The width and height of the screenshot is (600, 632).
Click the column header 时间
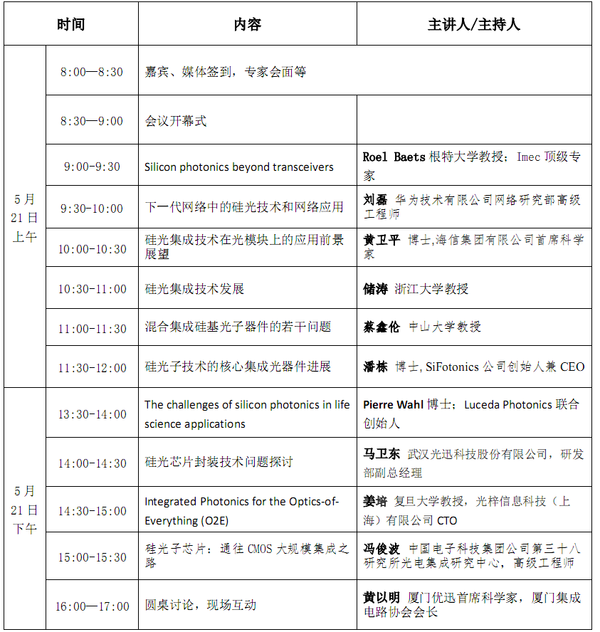tap(70, 24)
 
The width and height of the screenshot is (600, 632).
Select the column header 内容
tap(247, 24)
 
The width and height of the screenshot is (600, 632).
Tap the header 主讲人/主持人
tap(473, 24)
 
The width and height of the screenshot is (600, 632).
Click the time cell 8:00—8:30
tap(91, 72)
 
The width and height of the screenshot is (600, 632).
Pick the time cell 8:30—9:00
tap(91, 121)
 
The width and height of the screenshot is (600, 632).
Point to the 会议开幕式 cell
tap(176, 121)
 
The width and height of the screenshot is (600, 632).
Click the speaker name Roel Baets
tap(394, 157)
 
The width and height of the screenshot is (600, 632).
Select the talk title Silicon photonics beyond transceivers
tap(239, 167)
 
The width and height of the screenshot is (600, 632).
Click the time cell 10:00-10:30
tap(93, 249)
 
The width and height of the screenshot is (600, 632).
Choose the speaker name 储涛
tap(375, 289)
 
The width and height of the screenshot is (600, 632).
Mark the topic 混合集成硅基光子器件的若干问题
tap(238, 327)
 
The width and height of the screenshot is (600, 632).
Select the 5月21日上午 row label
tap(24, 217)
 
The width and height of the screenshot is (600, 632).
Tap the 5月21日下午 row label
tap(24, 510)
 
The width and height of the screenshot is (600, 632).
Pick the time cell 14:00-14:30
tap(93, 463)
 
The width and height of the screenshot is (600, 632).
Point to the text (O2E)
tap(214, 520)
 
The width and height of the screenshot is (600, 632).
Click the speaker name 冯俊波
tap(381, 549)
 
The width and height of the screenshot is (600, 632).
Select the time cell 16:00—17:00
tap(93, 606)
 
